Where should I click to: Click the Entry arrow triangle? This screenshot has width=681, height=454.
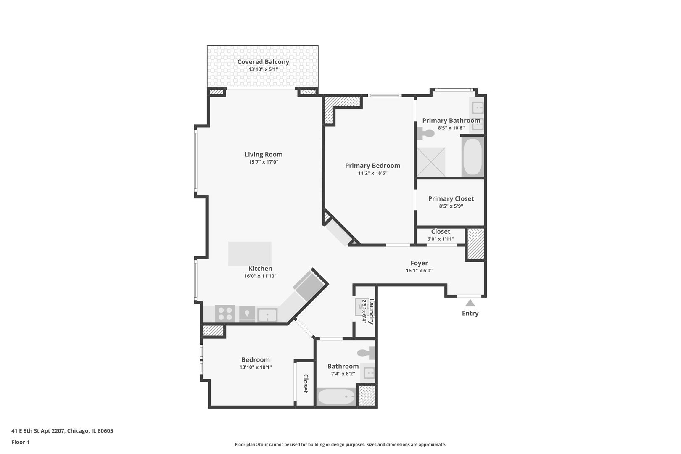click(470, 303)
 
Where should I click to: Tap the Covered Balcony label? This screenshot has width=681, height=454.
click(263, 62)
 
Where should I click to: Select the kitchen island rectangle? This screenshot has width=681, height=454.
click(250, 253)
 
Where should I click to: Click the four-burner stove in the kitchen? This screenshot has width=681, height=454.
click(225, 314)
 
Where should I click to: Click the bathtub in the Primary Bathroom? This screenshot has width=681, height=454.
click(472, 157)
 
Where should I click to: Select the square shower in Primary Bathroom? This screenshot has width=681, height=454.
click(431, 161)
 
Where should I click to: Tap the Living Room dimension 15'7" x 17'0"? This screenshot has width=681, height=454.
click(264, 162)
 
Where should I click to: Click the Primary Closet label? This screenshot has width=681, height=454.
click(451, 198)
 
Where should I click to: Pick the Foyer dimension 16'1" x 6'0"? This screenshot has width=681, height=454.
click(419, 271)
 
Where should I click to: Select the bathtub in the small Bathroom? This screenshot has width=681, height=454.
click(336, 396)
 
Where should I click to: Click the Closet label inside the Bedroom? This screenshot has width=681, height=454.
click(306, 383)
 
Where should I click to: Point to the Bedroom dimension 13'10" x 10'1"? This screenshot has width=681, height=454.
click(256, 367)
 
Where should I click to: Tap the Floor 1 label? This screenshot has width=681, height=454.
click(20, 442)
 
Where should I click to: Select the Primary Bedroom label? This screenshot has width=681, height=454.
click(372, 166)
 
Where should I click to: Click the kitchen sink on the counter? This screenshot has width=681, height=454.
click(267, 314)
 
